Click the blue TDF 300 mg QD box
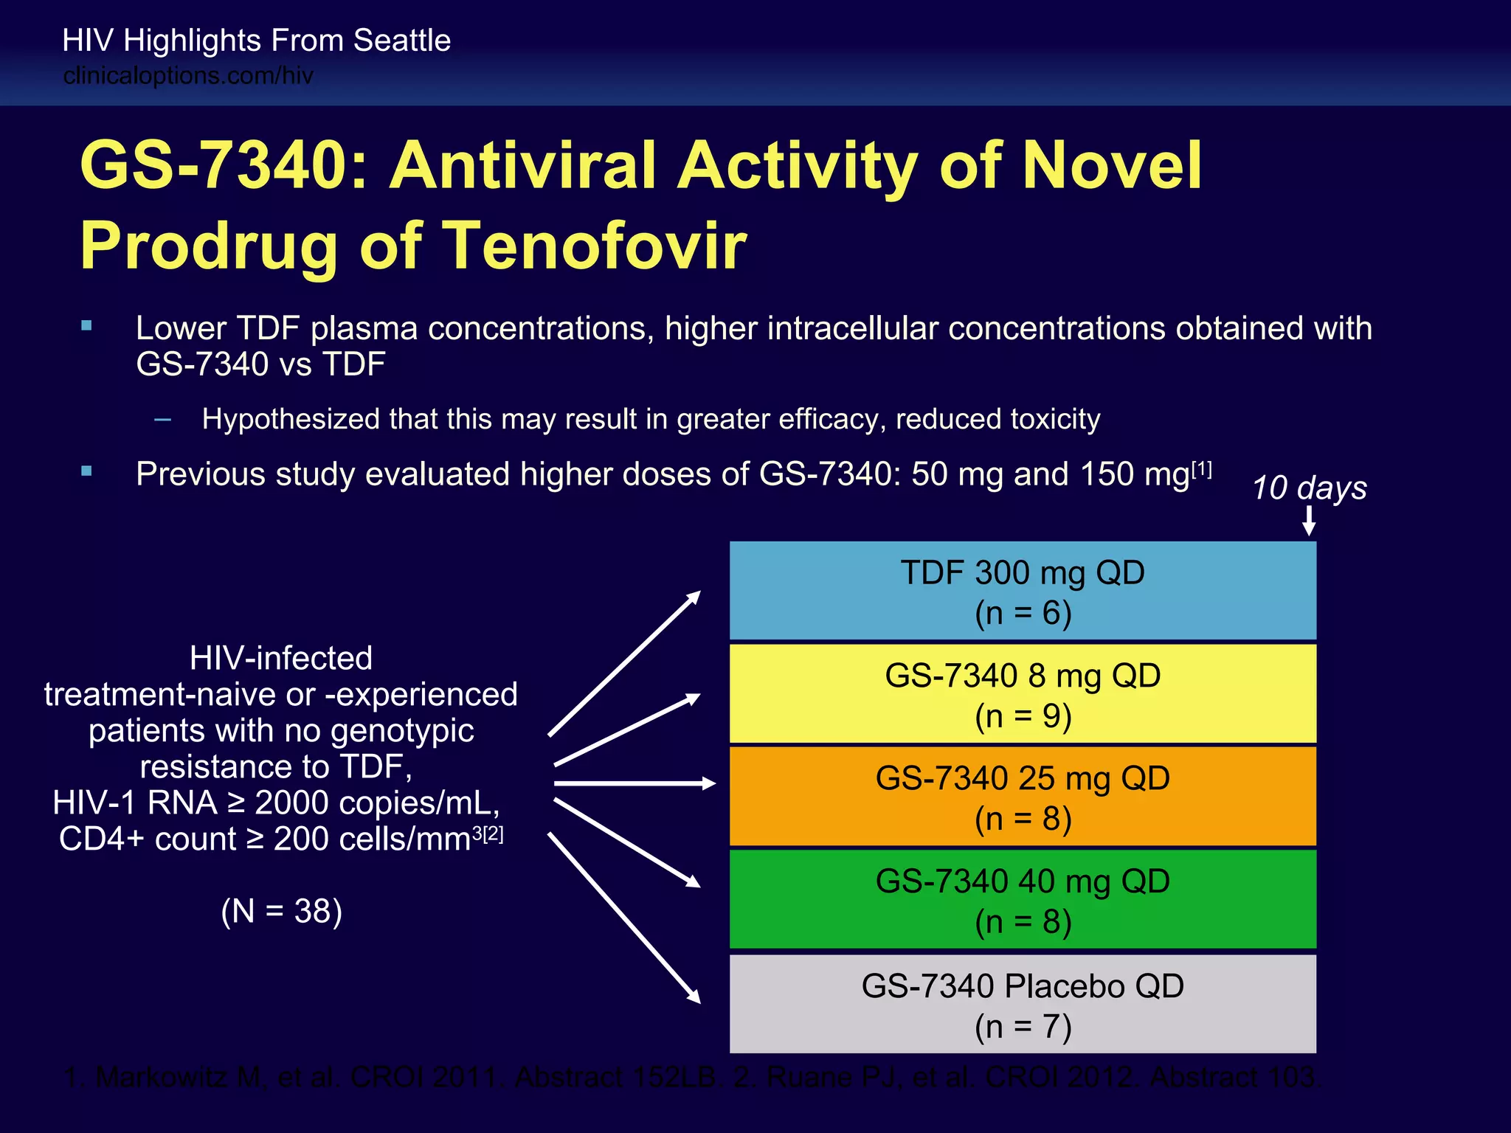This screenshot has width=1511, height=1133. (1023, 591)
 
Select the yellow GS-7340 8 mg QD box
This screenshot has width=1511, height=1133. (1023, 693)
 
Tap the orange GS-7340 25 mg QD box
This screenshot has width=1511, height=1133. (1023, 797)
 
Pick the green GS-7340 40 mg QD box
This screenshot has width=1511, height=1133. (1023, 899)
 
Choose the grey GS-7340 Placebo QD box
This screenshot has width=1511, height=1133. (1023, 1004)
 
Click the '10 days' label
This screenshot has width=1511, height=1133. (1309, 488)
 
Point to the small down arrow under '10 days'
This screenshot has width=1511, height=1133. (1309, 521)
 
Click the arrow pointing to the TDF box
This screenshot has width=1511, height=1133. (624, 663)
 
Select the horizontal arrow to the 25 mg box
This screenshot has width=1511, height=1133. (635, 783)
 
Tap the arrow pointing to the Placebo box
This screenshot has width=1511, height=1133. (624, 918)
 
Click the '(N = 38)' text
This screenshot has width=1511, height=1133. (281, 912)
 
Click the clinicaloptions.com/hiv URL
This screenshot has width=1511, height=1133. (188, 76)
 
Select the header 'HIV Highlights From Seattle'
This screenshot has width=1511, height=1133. (256, 41)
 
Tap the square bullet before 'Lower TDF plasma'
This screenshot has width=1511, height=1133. (87, 325)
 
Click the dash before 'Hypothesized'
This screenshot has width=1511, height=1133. (163, 420)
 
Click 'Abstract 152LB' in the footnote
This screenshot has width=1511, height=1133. (615, 1078)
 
